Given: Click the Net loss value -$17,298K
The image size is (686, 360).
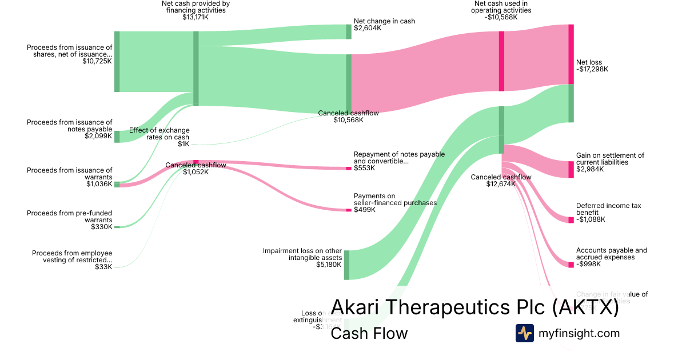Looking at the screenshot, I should pos(592,69).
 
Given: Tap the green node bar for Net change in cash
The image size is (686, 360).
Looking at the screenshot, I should pos(349,31).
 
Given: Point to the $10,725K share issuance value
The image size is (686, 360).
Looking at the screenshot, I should pos(97,61).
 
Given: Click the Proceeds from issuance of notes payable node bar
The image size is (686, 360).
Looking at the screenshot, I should pos(117,136).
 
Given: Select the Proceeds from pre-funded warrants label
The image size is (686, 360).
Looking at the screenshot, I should pos(69,217).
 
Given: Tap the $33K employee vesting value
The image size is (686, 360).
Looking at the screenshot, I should pos(103,267).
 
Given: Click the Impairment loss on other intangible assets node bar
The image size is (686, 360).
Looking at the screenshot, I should pos(346,265).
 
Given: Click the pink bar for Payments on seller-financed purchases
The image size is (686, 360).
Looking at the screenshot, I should pos(349,210).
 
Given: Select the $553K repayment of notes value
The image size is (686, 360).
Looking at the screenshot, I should pos(364,168).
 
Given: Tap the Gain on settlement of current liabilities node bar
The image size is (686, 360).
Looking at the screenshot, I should pos(571,170).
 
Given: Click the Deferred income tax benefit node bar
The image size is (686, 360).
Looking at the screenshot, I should pos(571,220).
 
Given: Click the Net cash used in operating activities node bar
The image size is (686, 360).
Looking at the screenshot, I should pos(501,61).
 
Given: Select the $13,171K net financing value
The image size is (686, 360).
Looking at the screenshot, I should pos(196,17).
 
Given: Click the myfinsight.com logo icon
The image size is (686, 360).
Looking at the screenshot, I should pos(524,333).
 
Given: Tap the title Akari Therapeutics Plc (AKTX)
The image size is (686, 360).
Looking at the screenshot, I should pos(474,307).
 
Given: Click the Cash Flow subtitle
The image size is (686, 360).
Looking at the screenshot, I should pos(369,333).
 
